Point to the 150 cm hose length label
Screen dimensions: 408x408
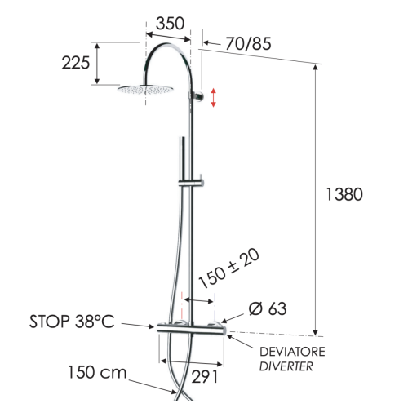click(x=96, y=373)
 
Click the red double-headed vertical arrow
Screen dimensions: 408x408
click(x=214, y=97)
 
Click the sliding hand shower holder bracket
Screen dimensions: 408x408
click(x=197, y=180)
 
